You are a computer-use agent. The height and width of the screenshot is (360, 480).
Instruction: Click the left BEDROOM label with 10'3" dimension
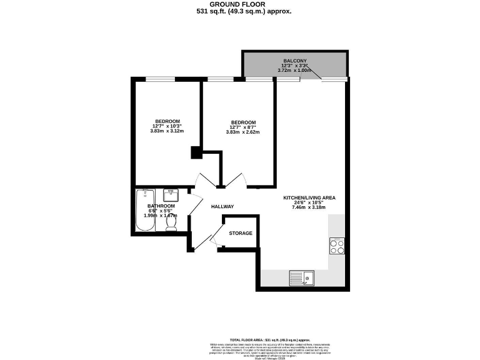(x=167, y=121)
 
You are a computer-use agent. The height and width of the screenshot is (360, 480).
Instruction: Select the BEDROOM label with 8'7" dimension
(x=243, y=122)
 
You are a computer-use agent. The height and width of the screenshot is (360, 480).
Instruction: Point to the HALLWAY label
(x=222, y=207)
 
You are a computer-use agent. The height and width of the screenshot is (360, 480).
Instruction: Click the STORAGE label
(x=241, y=233)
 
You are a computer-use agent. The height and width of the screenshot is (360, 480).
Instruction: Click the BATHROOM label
(x=161, y=206)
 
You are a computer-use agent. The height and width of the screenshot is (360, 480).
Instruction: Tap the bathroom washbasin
(x=171, y=196)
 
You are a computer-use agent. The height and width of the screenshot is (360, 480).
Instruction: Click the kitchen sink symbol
(x=302, y=277)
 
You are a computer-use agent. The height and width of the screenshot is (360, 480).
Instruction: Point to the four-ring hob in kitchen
(x=337, y=246)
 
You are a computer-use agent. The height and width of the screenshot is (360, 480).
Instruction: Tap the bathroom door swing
(x=194, y=204)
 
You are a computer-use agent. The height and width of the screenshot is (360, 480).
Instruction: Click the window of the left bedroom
(x=160, y=79)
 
